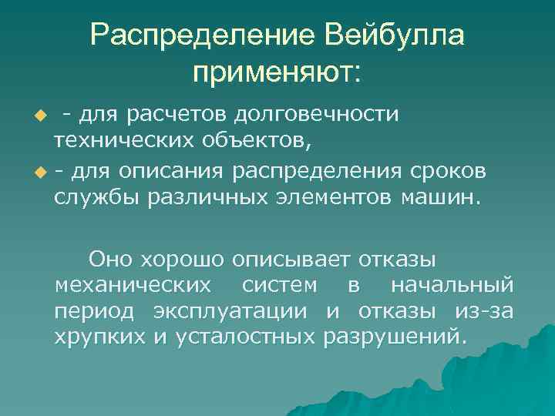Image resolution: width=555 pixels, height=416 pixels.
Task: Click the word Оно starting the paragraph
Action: tap(109, 258)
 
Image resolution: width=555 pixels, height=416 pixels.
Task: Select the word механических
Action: tap(132, 285)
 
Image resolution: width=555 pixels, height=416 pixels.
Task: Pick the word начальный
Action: tap(452, 285)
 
